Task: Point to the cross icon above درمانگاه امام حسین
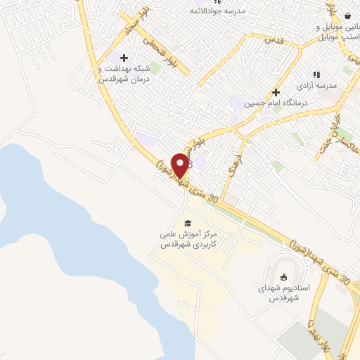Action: pyautogui.click(x=276, y=91)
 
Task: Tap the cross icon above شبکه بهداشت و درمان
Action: pyautogui.click(x=125, y=58)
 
